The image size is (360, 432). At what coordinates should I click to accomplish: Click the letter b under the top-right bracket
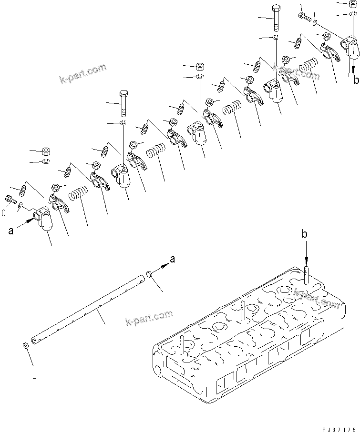coord(355,80)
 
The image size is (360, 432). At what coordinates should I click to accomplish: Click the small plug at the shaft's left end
coord(25,345)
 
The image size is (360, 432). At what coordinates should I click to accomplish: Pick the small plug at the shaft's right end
coord(149,274)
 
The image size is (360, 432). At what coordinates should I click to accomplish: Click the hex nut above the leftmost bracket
coord(47,152)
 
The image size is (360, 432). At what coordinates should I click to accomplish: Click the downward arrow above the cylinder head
coord(306,255)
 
